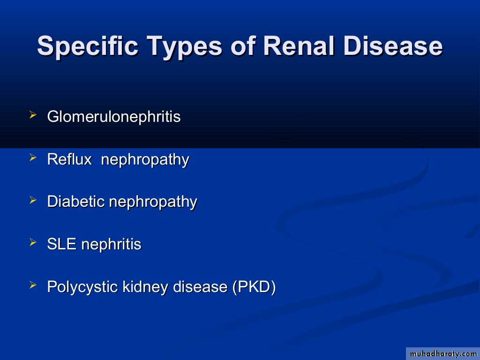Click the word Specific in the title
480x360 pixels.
pyautogui.click(x=88, y=46)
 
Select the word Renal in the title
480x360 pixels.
pyautogui.click(x=299, y=45)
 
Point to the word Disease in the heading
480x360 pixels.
pyautogui.click(x=393, y=45)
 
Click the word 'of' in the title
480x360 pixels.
pyautogui.click(x=243, y=45)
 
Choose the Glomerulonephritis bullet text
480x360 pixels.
pyautogui.click(x=114, y=117)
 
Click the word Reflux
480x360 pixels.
pyautogui.click(x=69, y=159)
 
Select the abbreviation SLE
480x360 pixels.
pyautogui.click(x=61, y=244)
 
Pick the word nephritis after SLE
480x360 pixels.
pyautogui.click(x=112, y=244)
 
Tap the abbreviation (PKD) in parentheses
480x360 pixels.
pyautogui.click(x=254, y=287)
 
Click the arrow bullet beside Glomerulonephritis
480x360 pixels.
pyautogui.click(x=33, y=115)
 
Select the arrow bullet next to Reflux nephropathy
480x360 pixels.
pyautogui.click(x=33, y=157)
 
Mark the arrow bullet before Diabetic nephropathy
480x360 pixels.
pyautogui.click(x=33, y=200)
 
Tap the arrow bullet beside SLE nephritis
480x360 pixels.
pyautogui.click(x=33, y=243)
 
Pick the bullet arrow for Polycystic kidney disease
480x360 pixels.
pyautogui.click(x=33, y=285)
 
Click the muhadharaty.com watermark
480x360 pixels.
pyautogui.click(x=443, y=354)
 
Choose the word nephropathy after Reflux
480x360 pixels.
pyautogui.click(x=145, y=160)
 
